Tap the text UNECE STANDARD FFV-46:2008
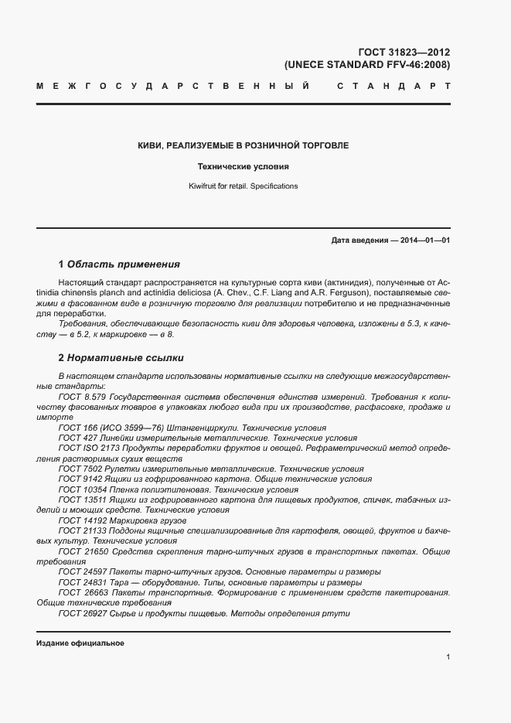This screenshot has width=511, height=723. click(x=367, y=65)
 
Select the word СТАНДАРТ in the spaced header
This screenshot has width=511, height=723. click(x=393, y=87)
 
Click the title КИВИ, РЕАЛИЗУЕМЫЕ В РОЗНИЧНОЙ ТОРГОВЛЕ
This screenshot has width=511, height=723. click(x=243, y=145)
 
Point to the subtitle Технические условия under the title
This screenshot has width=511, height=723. click(x=243, y=165)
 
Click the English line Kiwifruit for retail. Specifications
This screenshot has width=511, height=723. click(x=243, y=186)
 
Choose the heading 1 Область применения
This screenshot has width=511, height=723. click(x=119, y=264)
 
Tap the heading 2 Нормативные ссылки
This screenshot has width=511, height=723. click(x=121, y=358)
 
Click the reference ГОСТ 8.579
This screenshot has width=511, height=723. click(x=82, y=396)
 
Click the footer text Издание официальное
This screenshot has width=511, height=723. click(x=80, y=643)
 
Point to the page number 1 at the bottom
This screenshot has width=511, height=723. click(x=448, y=656)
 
